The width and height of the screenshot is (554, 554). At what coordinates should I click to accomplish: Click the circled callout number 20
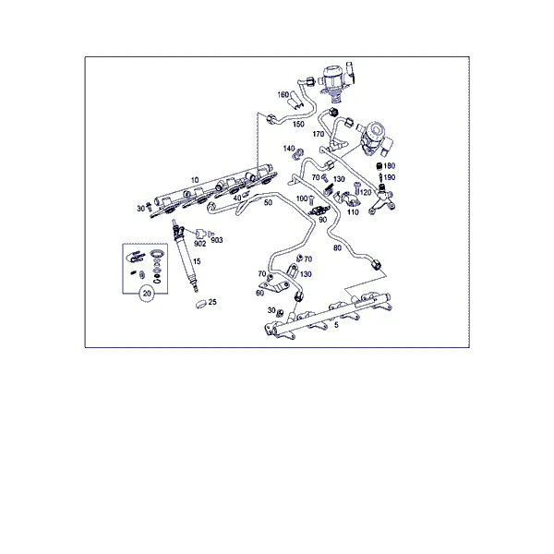pos(147,294)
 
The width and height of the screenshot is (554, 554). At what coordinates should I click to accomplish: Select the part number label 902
pos(200,244)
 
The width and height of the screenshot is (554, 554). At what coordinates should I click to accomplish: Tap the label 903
pos(217,240)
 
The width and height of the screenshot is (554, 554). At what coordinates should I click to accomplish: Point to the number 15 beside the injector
pos(197,261)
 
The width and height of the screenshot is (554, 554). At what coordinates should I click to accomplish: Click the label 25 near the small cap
pos(212,302)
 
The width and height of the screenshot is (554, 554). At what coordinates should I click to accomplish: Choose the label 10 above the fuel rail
pos(195,180)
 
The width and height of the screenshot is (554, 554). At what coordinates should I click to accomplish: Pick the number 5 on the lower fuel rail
pos(336,325)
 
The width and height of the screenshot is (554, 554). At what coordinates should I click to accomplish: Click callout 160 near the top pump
pos(283,95)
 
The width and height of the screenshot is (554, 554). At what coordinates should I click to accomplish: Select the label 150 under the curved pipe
pos(298,124)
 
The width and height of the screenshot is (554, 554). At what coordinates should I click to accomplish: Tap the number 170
pos(319,134)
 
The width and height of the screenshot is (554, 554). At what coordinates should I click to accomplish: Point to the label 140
pos(289,149)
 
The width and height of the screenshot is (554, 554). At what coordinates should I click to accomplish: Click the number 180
pos(390,165)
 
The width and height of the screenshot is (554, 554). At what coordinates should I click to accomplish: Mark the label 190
pos(390,177)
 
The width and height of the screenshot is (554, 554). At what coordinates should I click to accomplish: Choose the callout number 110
pos(353,212)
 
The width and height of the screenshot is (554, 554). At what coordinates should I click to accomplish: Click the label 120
pos(366,192)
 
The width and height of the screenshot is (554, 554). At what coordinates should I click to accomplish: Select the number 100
pos(302,199)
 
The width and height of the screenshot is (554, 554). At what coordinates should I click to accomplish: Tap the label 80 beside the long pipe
pos(337,248)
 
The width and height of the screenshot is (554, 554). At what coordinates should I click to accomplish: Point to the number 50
pos(268,202)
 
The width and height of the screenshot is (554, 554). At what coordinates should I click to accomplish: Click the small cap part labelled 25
pos(201,304)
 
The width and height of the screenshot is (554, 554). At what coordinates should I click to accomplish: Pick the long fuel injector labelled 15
pos(186,256)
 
